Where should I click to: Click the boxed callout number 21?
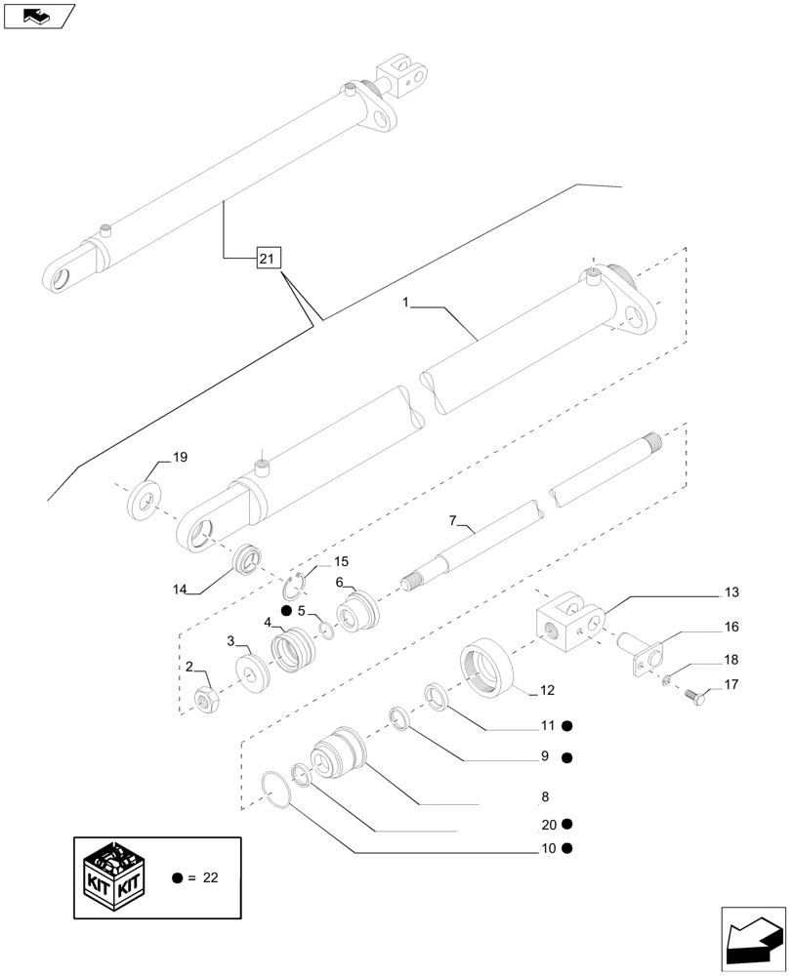point(269,259)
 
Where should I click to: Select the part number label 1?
point(404,304)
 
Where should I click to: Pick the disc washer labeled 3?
point(254,672)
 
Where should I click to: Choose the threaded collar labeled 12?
point(487,667)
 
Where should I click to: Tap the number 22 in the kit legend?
point(210,878)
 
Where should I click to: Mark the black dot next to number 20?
point(566,824)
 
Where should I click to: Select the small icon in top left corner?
point(39,16)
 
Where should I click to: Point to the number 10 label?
point(548,848)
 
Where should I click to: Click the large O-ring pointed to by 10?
point(279,790)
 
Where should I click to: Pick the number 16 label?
point(731,627)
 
